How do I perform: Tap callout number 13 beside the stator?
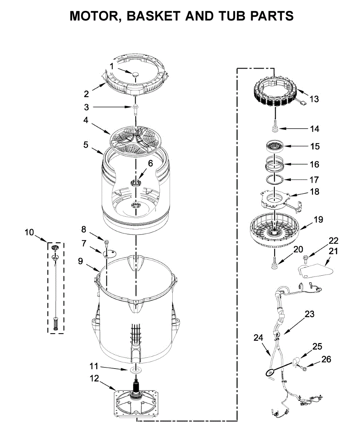click(x=314, y=99)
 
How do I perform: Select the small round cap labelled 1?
click(x=136, y=74)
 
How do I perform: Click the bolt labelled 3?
click(x=136, y=109)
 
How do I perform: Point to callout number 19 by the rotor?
click(x=318, y=220)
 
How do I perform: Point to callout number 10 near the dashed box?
click(x=29, y=231)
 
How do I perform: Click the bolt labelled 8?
click(x=107, y=243)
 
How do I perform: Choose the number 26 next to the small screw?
click(x=326, y=360)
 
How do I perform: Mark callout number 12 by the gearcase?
click(x=94, y=378)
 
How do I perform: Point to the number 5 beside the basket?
click(x=86, y=145)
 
